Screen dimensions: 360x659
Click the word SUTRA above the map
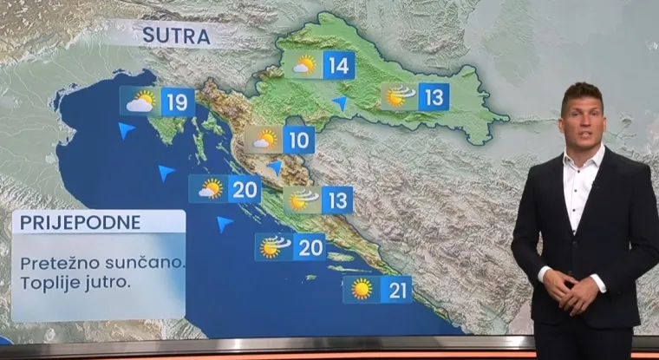click(176, 36)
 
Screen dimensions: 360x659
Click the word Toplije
click(51, 282)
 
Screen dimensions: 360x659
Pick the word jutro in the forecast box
click(113, 283)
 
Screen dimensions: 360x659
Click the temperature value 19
click(177, 102)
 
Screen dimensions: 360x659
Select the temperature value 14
click(338, 65)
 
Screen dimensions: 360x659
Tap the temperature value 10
click(297, 140)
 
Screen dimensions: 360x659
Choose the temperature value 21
click(397, 290)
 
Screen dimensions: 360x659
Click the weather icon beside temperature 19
click(140, 101)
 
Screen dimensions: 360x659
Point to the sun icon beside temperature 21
click(362, 290)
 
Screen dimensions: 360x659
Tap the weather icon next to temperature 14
click(303, 65)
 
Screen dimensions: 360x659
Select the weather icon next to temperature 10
click(264, 140)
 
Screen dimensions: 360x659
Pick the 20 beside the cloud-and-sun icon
click(245, 189)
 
